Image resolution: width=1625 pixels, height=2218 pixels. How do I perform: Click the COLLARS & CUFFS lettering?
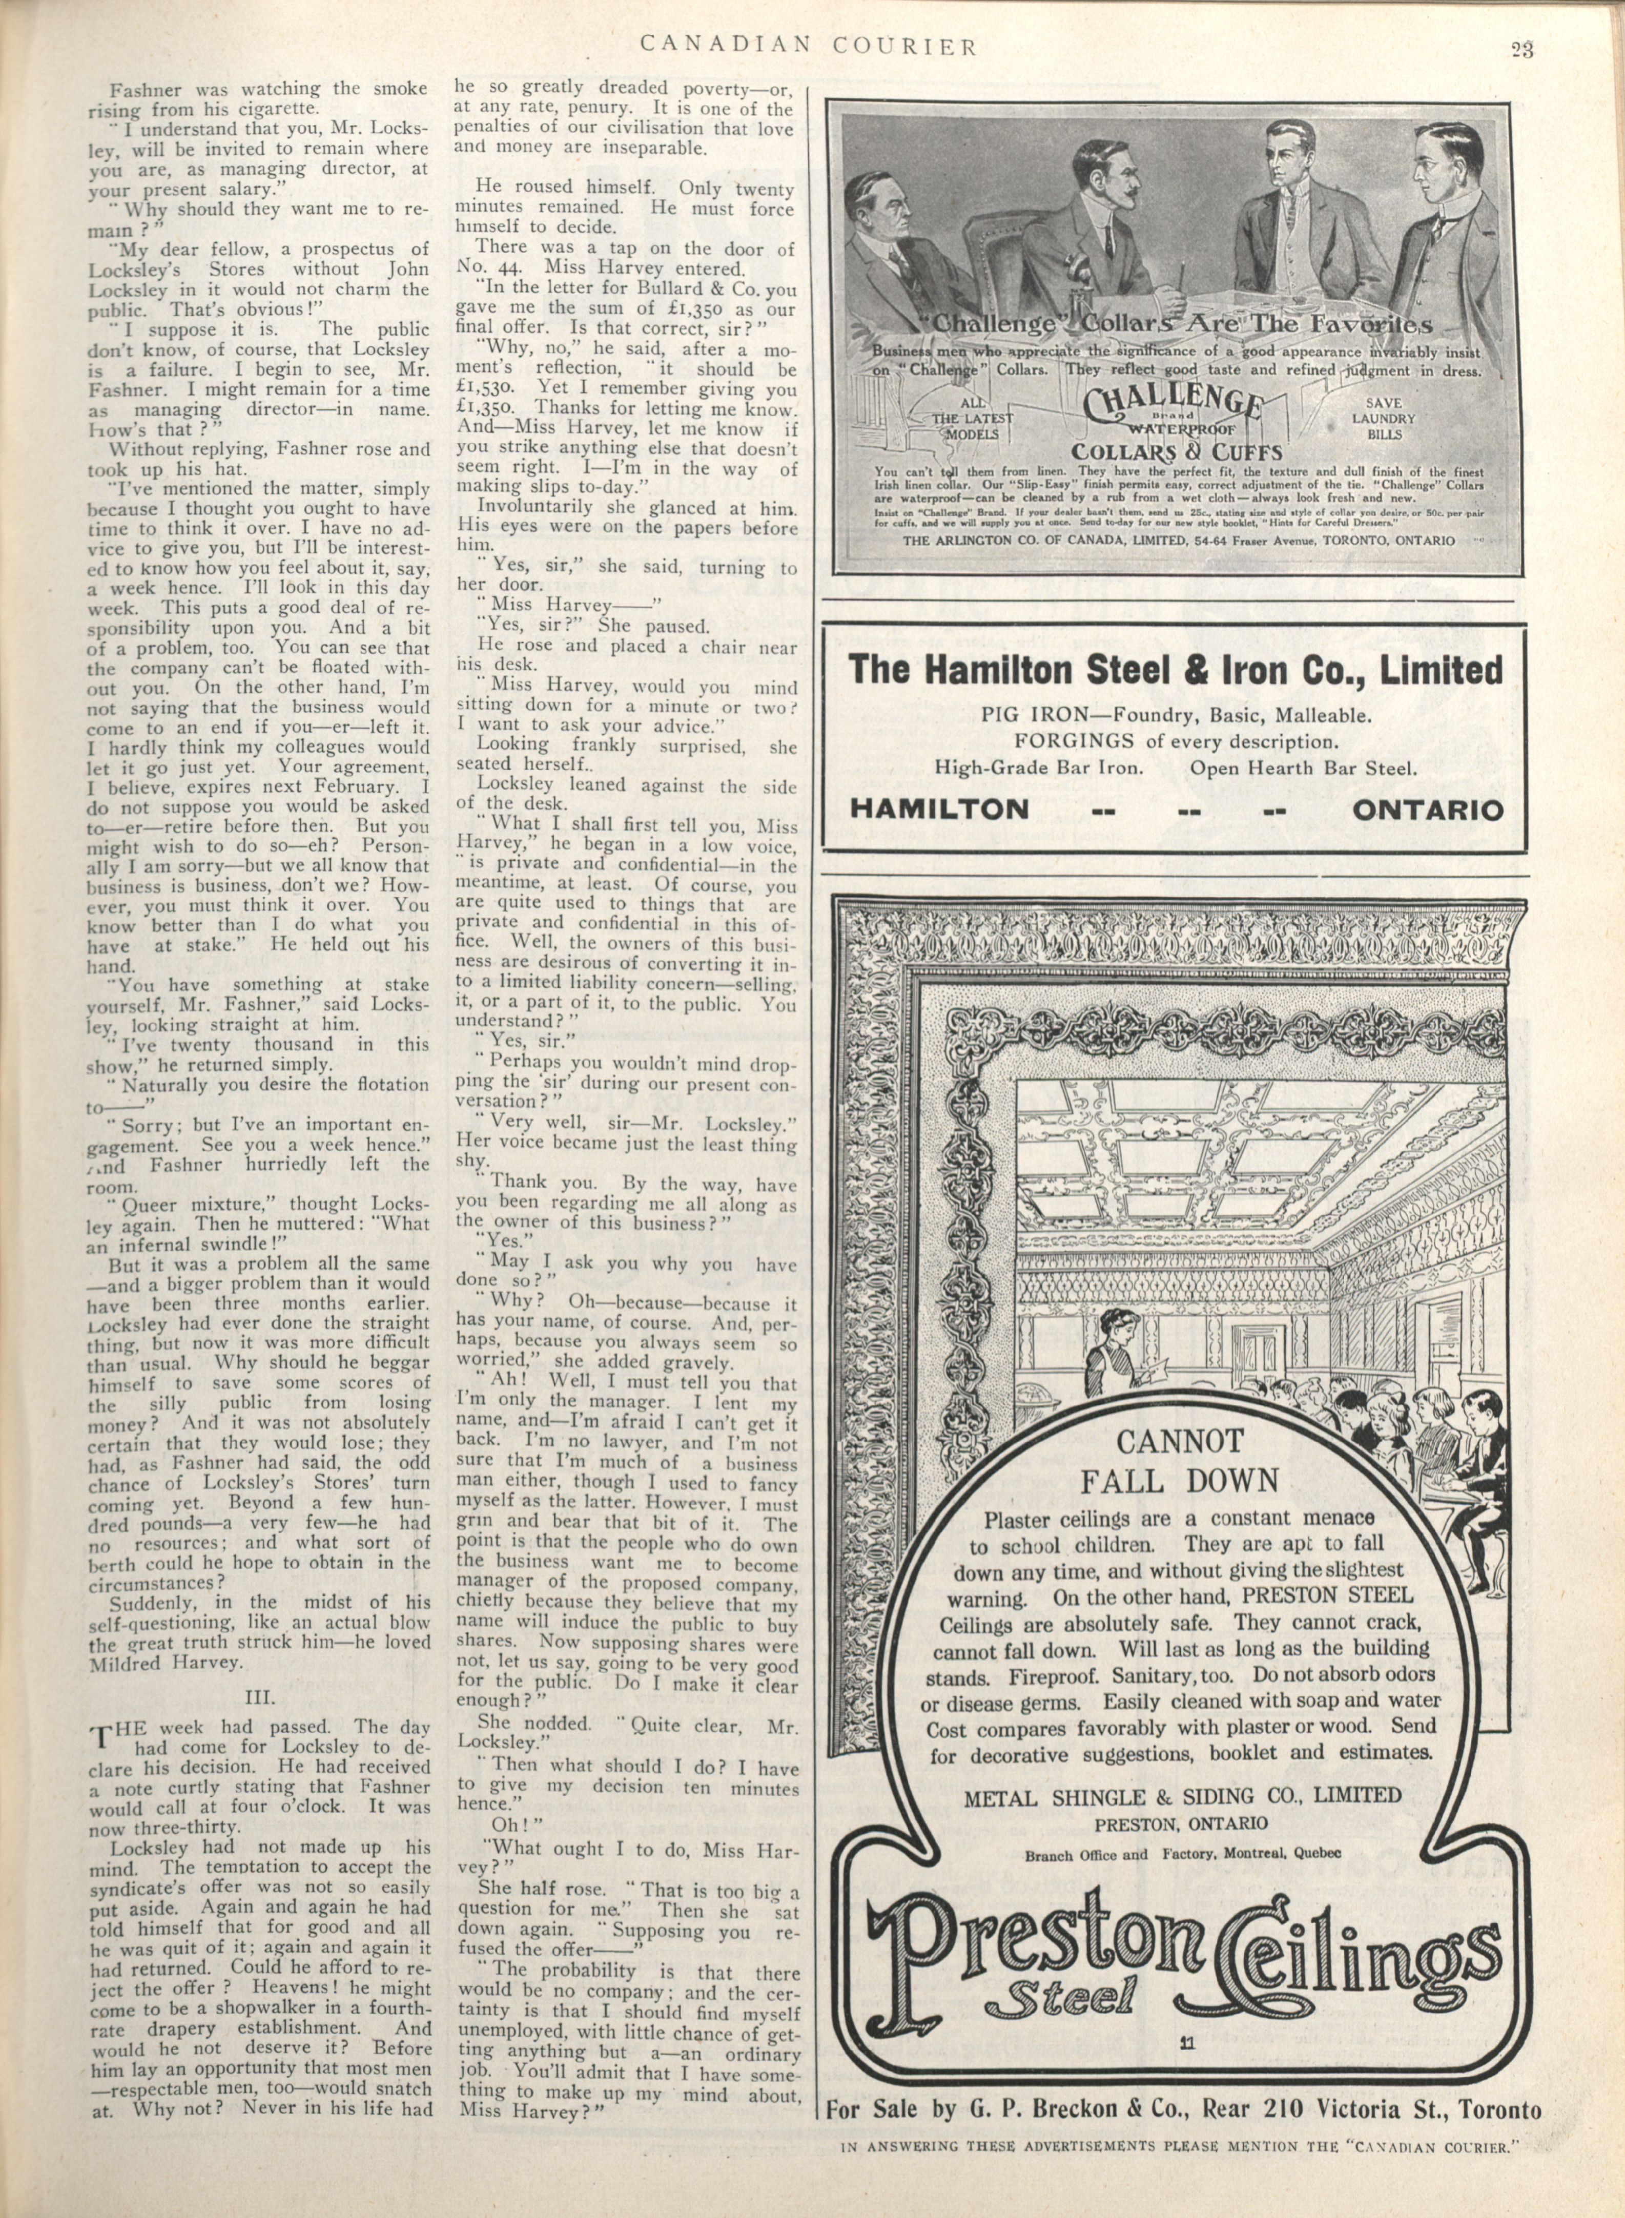pos(1177,451)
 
